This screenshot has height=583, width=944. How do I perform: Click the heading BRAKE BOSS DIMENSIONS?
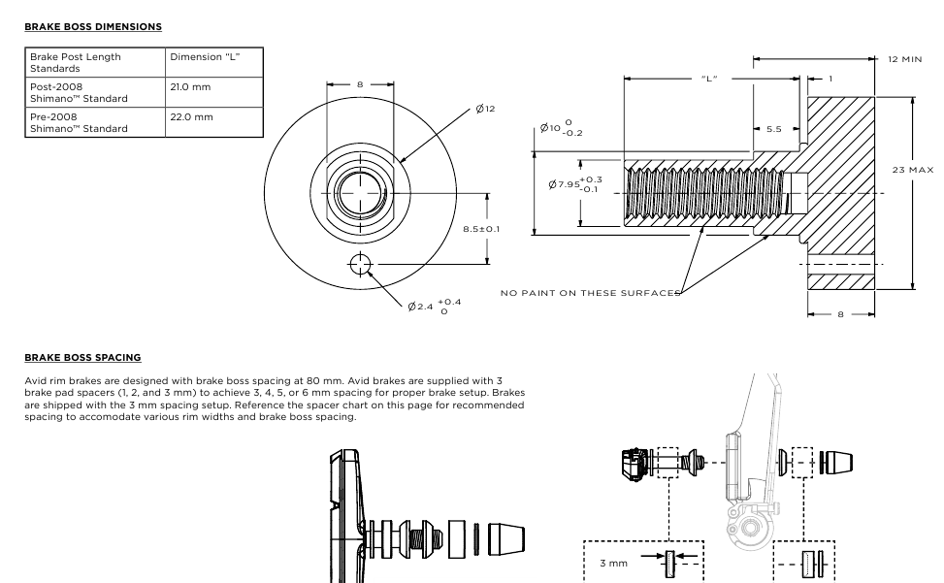click(93, 26)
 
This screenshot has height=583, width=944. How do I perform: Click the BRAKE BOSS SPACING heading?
click(82, 357)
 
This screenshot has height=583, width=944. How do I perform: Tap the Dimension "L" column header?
click(205, 57)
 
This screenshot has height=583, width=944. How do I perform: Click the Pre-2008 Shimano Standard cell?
click(79, 122)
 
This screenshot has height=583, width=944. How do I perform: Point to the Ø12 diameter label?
click(485, 108)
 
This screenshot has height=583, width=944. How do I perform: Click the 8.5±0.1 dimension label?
click(482, 229)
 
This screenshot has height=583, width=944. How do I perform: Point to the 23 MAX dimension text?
click(913, 170)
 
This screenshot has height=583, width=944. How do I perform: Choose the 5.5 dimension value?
click(773, 129)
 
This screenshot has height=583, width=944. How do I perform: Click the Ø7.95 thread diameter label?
click(574, 184)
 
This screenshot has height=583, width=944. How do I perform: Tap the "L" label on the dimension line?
click(709, 79)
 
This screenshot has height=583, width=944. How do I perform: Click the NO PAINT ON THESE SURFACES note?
click(588, 292)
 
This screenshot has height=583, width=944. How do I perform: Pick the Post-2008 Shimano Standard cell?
click(79, 93)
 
